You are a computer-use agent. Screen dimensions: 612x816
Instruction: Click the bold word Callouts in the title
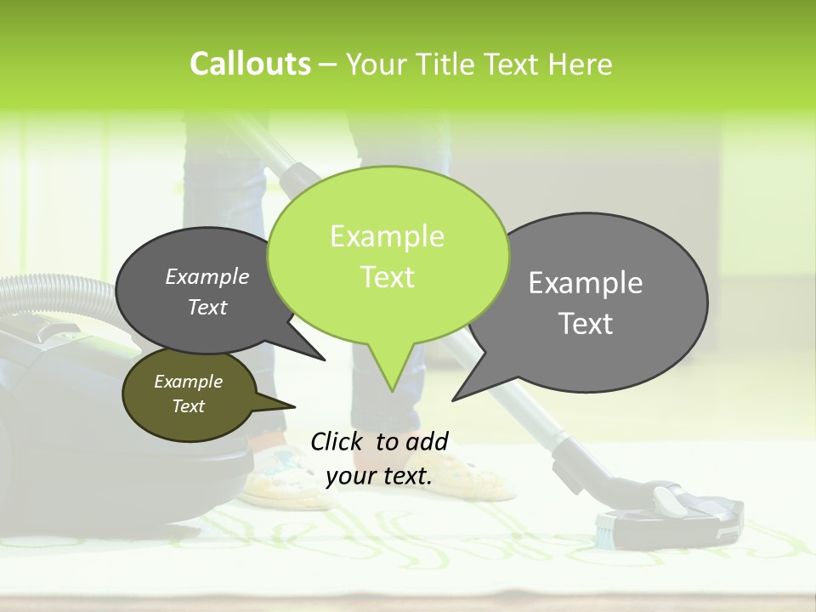coord(250,64)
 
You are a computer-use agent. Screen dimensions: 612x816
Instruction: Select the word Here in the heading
coord(580,64)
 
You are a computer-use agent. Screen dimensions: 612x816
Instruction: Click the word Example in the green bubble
coord(387,236)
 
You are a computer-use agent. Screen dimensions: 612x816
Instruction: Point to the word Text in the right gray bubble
coord(585,324)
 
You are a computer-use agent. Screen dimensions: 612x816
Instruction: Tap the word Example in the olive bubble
coord(188,382)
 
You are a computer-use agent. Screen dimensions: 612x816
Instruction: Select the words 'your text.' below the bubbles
coord(378,477)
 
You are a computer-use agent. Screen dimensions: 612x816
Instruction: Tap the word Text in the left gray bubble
coord(207,307)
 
